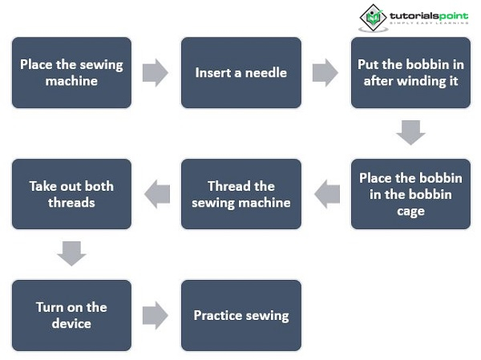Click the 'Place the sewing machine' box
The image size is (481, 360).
click(x=71, y=72)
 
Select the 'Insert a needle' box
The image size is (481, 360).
click(x=240, y=72)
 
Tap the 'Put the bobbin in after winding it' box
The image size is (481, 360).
click(x=410, y=72)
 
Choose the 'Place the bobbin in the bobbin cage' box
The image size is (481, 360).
click(x=410, y=194)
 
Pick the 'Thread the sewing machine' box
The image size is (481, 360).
click(x=240, y=194)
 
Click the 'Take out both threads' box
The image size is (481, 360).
click(x=71, y=194)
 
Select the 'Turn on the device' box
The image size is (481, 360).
click(x=71, y=315)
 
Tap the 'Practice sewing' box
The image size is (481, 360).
click(x=240, y=315)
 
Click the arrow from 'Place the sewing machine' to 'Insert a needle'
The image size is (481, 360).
click(x=155, y=72)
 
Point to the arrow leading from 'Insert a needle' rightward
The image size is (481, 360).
click(x=325, y=72)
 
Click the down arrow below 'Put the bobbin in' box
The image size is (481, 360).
click(x=410, y=132)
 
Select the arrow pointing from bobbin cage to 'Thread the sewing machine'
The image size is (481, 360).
click(x=326, y=194)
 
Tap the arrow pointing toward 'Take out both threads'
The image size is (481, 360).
click(x=156, y=194)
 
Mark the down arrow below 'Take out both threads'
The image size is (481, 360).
click(x=71, y=254)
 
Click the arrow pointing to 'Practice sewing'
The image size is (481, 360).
click(x=155, y=315)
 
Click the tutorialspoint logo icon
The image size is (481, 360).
click(x=373, y=18)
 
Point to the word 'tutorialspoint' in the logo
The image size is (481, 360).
click(x=428, y=16)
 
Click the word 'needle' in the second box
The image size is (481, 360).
click(x=265, y=72)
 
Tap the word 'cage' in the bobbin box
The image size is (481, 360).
click(x=410, y=211)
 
